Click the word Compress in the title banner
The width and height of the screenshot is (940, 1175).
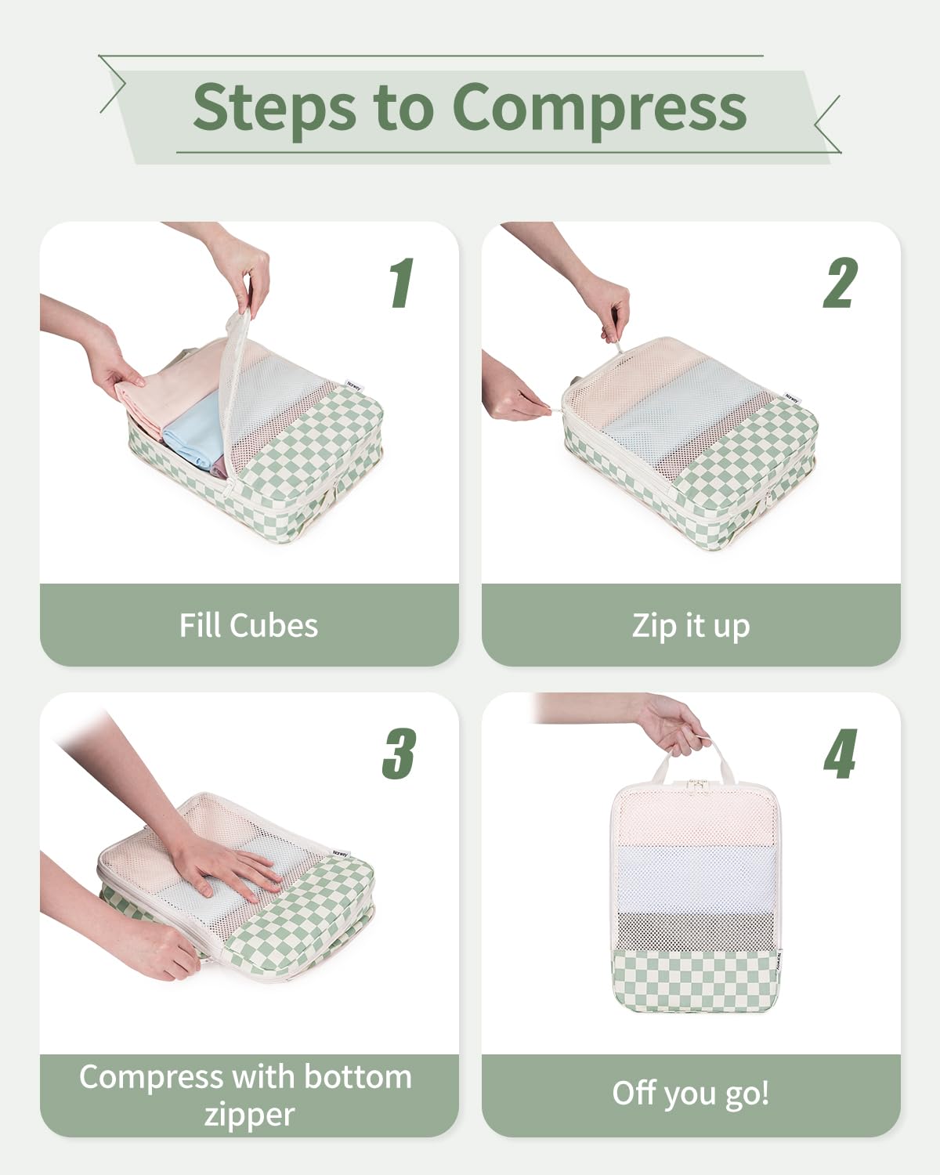(599, 107)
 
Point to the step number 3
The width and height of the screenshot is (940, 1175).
(399, 754)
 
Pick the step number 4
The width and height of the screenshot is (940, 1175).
(840, 754)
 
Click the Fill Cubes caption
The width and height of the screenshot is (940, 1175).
(248, 625)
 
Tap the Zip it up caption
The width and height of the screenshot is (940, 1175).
(690, 626)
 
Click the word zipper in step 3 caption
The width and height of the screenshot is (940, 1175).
(248, 1114)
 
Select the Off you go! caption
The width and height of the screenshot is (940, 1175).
(690, 1094)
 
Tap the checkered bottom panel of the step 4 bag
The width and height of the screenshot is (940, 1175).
(694, 979)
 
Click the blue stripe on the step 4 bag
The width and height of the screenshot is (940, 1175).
(694, 877)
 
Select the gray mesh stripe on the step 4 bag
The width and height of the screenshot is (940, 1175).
(694, 928)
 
